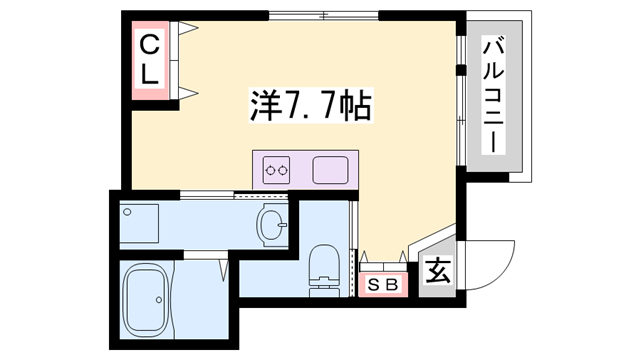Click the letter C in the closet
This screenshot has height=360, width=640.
pos(148,45)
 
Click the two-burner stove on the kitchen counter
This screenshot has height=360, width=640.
pos(277,171)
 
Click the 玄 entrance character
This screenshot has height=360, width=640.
pos(437,271)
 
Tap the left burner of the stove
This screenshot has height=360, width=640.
pos(270,171)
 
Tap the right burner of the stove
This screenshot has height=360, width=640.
pos(285,171)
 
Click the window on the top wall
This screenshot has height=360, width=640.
pos(325,15)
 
